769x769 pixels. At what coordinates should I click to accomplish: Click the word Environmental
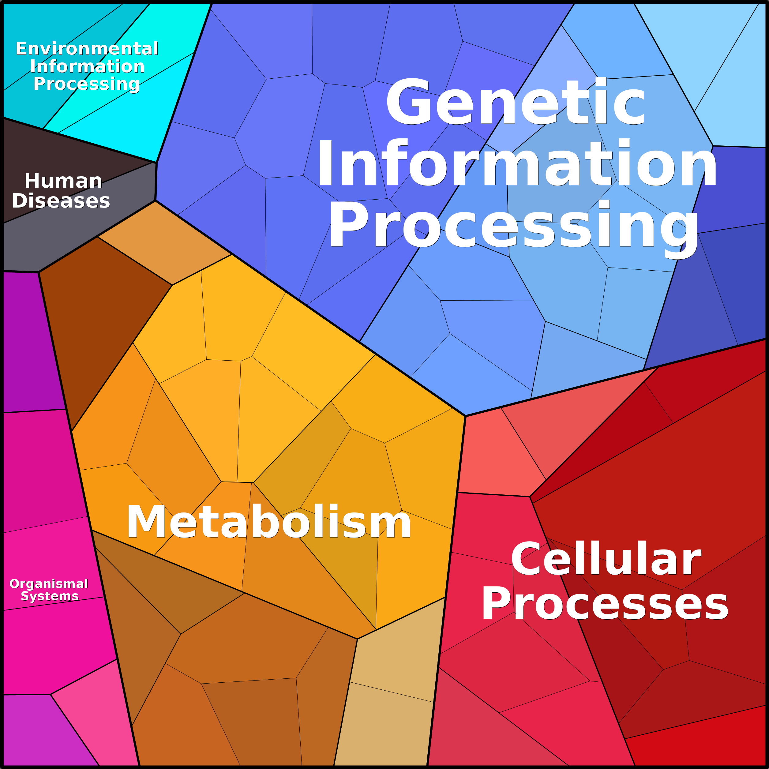pos(87,49)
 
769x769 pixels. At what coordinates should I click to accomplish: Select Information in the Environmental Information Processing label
pos(87,66)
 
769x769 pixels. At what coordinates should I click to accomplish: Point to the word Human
pos(64,181)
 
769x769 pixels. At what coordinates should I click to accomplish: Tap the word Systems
pos(50,596)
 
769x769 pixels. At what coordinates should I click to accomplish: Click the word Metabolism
pos(269,522)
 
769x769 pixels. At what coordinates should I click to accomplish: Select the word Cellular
pos(606,559)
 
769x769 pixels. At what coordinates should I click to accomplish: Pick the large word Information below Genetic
pos(517,163)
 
